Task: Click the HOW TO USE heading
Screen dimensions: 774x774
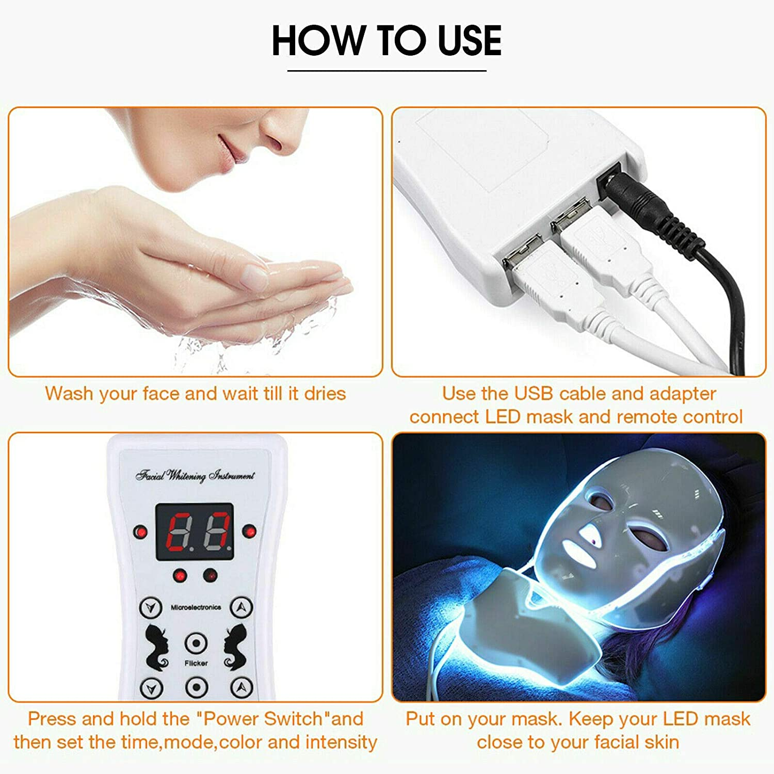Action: point(386,40)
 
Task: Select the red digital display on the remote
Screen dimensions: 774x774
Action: point(195,532)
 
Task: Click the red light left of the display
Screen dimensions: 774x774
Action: point(140,532)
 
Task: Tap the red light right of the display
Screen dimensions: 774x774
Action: point(249,531)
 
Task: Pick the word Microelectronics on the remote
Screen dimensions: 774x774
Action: point(196,607)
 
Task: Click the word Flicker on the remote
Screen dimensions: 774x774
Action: point(196,663)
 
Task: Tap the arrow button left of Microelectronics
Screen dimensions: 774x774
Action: point(150,607)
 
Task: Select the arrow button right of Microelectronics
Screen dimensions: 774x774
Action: point(241,607)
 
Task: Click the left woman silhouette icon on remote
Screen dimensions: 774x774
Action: point(156,647)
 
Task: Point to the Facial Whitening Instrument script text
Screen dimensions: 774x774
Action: point(195,475)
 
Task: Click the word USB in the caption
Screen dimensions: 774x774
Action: point(534,394)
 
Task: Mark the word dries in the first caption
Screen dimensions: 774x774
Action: point(325,394)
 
